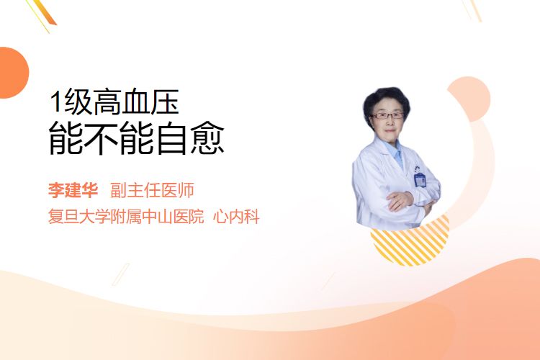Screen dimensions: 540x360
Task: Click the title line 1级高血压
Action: (x=114, y=102)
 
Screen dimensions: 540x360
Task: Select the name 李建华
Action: (x=73, y=190)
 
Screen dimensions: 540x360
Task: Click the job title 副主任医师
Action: (x=152, y=190)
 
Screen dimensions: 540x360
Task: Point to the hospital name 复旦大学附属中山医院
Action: (x=126, y=216)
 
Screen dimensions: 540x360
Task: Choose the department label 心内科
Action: (x=236, y=216)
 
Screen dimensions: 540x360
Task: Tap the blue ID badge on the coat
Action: (x=420, y=179)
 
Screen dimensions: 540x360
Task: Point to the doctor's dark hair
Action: (x=387, y=101)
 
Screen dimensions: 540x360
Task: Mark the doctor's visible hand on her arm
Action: (x=400, y=200)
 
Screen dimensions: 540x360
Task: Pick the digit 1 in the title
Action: (x=55, y=102)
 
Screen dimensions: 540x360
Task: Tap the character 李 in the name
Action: (x=56, y=190)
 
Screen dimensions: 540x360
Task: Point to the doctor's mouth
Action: (x=390, y=130)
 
